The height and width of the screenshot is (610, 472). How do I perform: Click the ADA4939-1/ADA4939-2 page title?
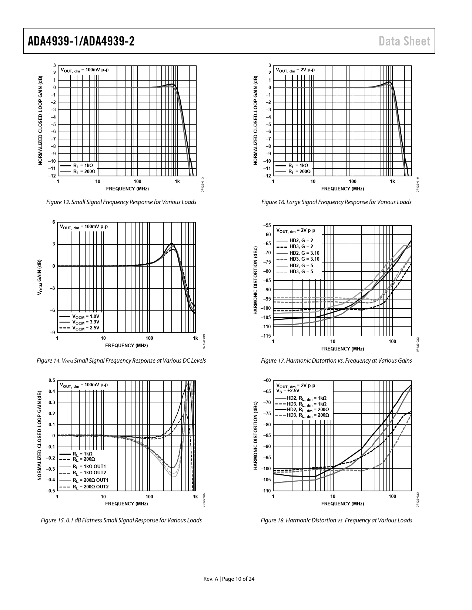coord(81,41)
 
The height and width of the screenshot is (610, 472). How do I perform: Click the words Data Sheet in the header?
coord(405,41)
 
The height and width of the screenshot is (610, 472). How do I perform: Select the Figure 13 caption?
coord(121,202)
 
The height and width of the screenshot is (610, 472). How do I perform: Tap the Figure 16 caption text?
coord(336,202)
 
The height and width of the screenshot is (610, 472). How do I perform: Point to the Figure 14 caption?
coord(121,360)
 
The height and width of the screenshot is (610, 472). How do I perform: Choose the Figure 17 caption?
coord(336,360)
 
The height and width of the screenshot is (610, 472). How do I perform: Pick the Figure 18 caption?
coord(336,521)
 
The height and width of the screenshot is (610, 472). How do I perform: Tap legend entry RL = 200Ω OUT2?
coord(90,487)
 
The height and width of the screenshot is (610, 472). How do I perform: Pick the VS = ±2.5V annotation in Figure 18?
coord(288,390)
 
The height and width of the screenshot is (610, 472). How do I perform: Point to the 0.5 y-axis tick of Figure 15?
coord(52,380)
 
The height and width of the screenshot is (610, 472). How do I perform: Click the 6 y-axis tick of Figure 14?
coord(54,222)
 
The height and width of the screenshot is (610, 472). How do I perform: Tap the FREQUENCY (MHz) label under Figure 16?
coord(342,189)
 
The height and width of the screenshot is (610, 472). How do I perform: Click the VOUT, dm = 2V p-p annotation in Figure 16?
coord(295,70)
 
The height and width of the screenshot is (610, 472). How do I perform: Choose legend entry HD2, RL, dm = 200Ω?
coord(308,410)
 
